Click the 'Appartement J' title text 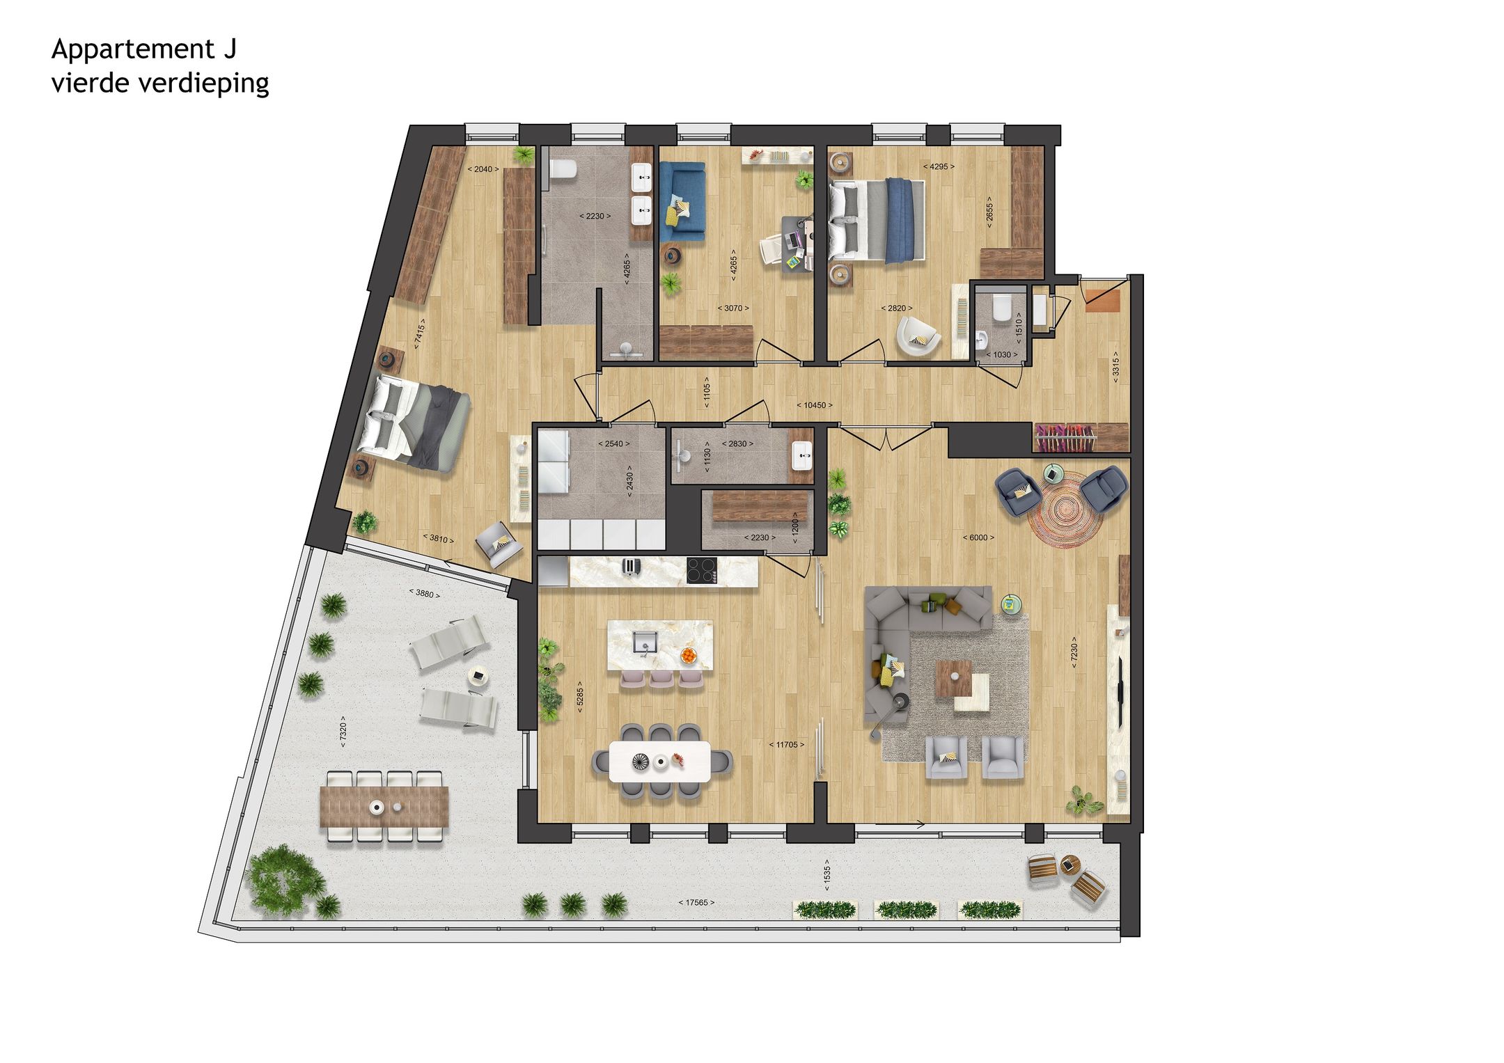coord(143,49)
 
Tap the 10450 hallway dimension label coord(814,405)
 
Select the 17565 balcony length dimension coord(696,903)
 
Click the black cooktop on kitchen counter coord(702,571)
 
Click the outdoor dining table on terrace coord(384,808)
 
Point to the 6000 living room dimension coord(978,537)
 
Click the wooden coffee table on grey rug coord(952,678)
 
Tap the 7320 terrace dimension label coord(343,732)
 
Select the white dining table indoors coord(659,761)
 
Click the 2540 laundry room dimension coord(613,444)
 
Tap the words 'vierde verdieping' coord(160,84)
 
